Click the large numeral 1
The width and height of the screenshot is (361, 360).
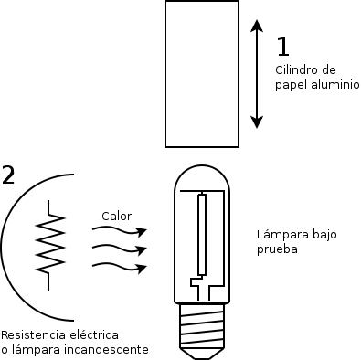pos(283,47)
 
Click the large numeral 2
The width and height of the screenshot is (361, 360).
pos(8,175)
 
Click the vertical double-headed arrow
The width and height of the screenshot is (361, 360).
pos(258,74)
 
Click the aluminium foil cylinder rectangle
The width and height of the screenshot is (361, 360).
pos(203,73)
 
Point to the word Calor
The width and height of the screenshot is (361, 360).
pos(117,217)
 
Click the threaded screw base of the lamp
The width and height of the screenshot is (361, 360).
pos(202,330)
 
